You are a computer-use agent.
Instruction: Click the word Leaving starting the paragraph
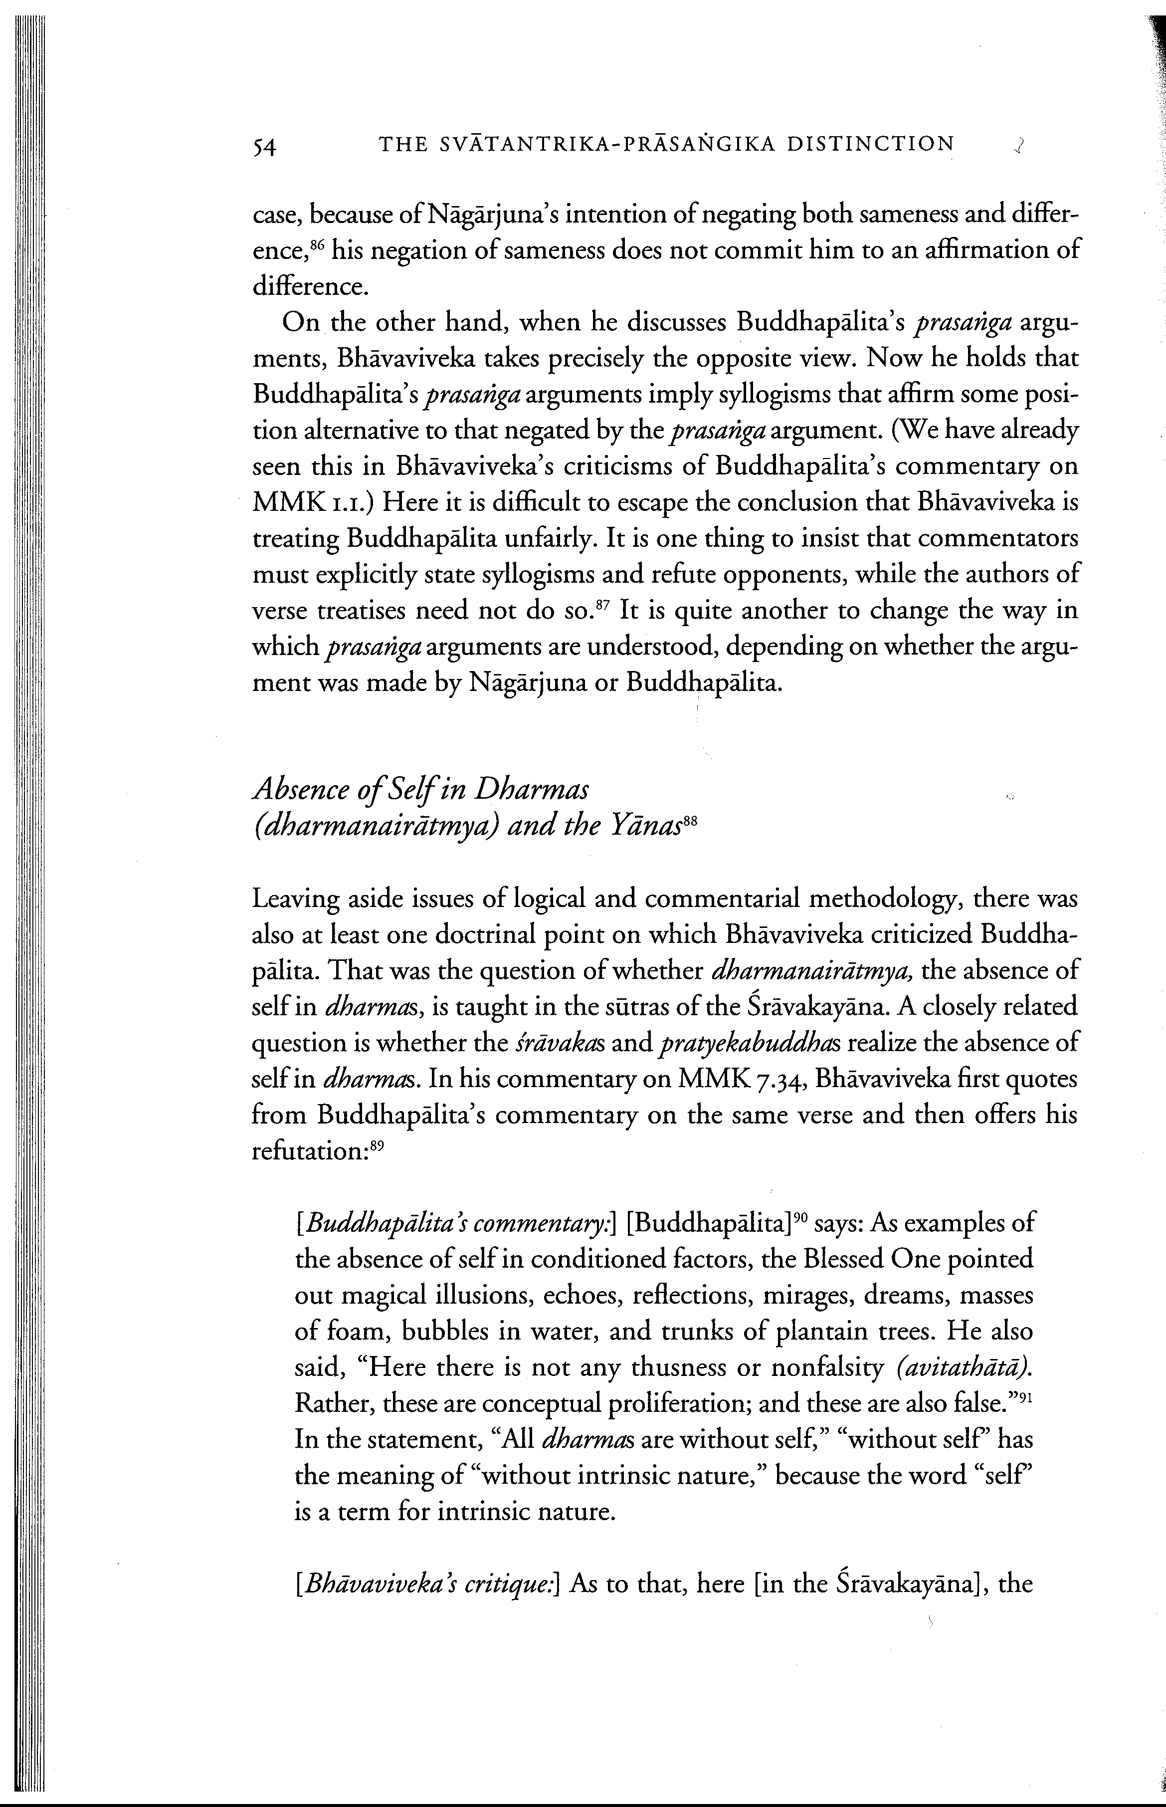[295, 900]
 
